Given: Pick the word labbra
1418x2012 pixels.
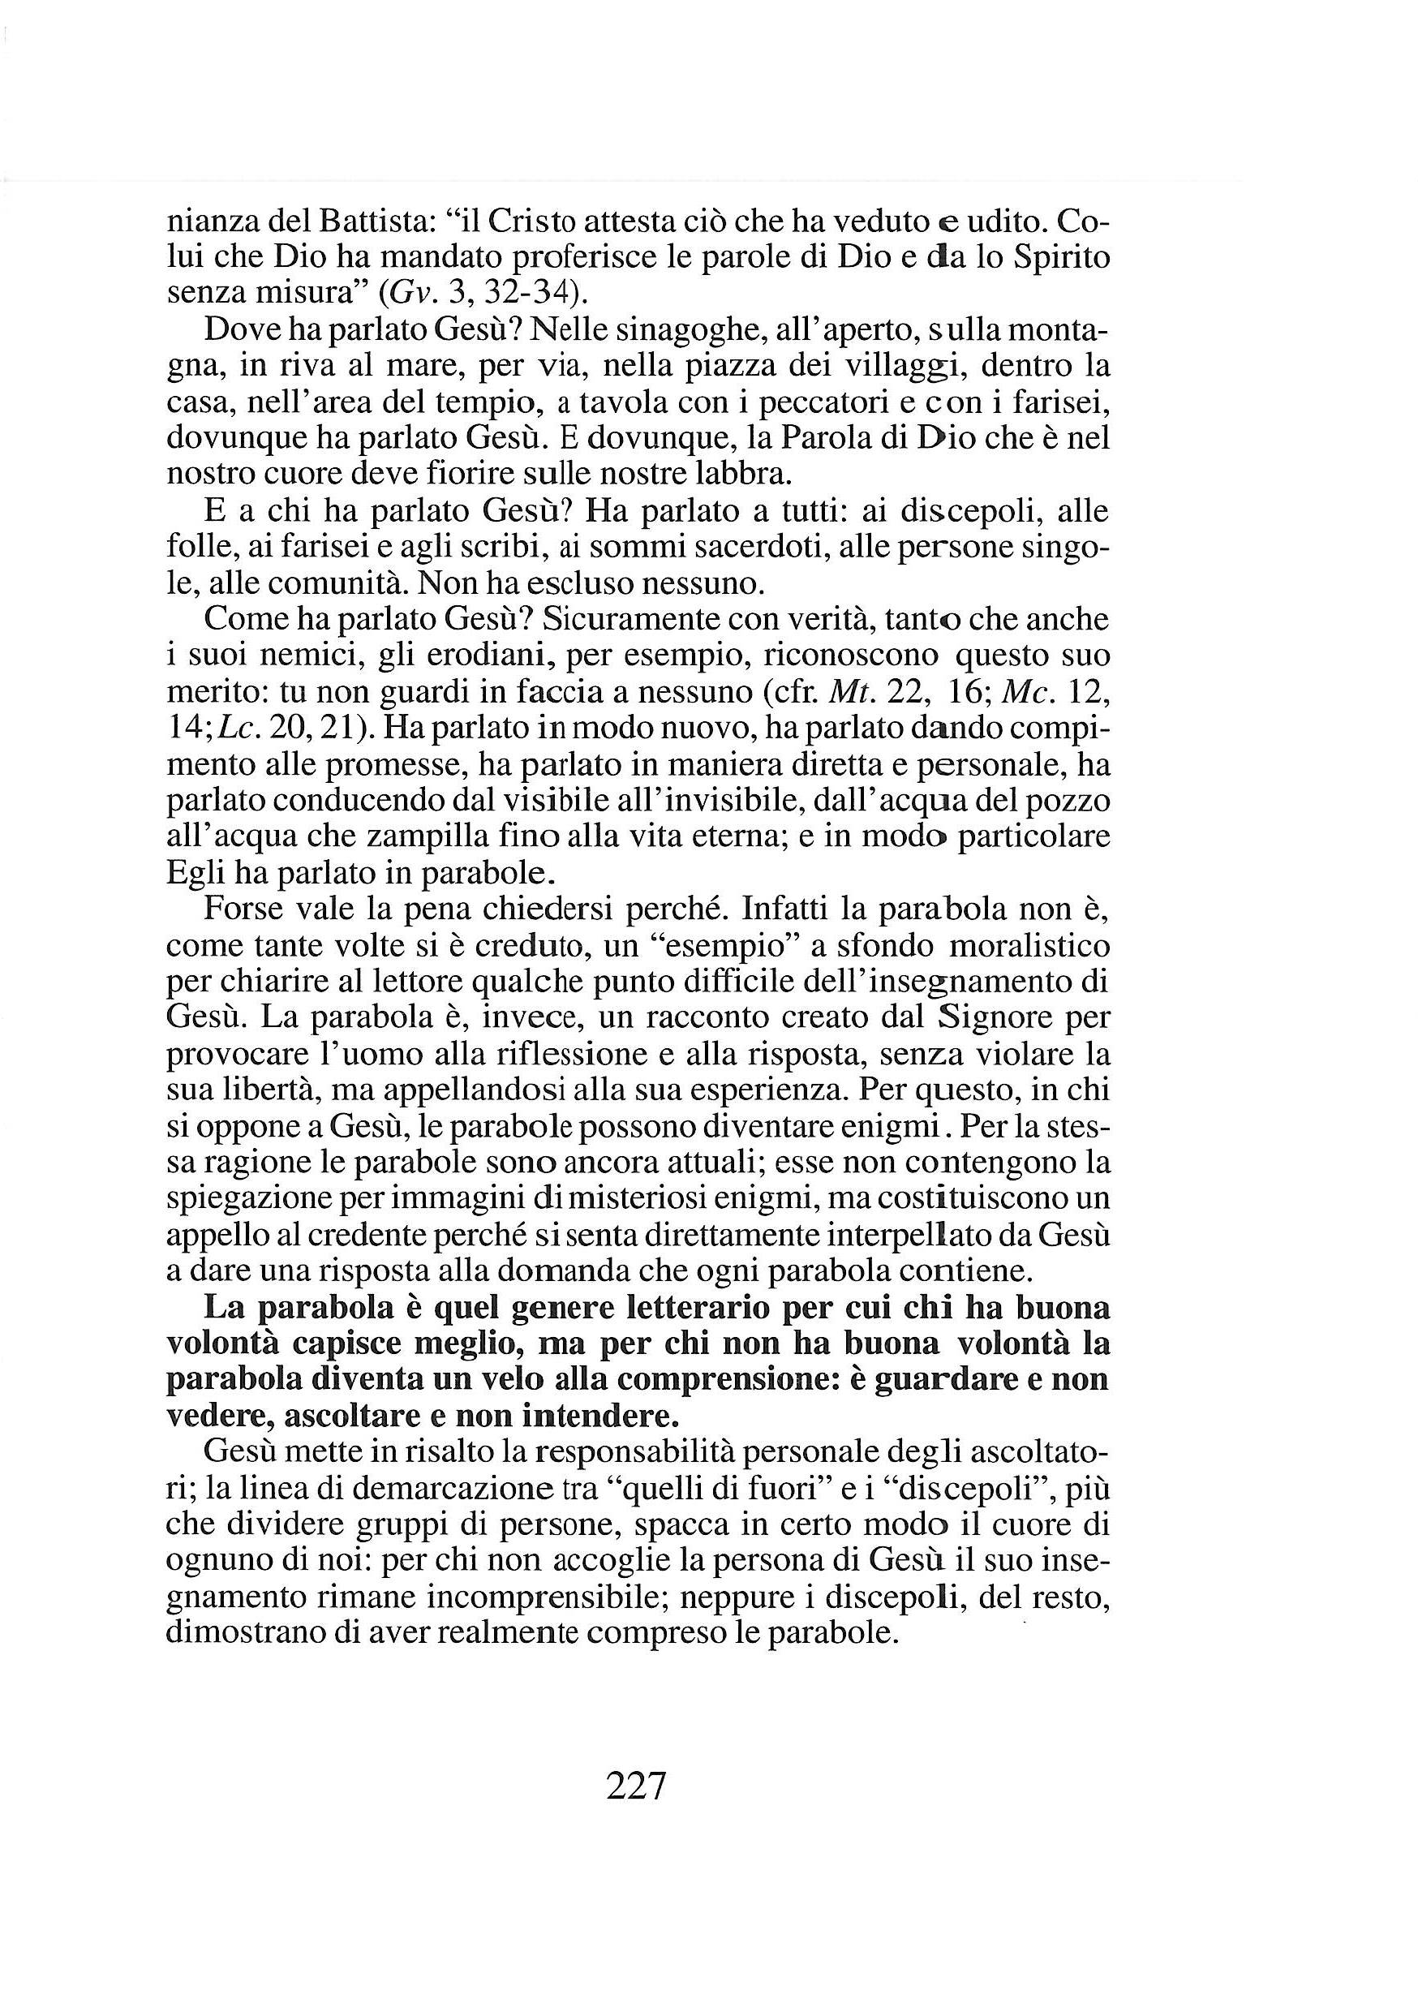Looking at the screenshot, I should (735, 474).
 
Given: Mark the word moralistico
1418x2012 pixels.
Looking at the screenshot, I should (1029, 947).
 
